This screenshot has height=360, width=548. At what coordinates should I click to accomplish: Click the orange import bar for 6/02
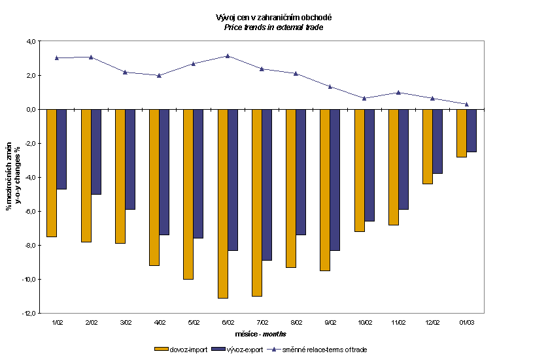coord(223,203)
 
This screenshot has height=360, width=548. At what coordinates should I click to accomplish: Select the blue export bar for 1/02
coord(61,149)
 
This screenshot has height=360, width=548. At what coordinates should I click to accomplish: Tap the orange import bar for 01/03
coord(462,133)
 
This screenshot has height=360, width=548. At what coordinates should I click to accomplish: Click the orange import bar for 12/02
coord(428,146)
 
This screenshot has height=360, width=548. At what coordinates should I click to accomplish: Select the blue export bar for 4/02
coord(164,172)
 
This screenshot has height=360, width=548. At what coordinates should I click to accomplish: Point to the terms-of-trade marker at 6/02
coord(228,56)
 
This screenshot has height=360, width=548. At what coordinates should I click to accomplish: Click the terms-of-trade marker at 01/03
coord(466,104)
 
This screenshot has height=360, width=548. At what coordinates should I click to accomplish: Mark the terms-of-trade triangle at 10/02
coord(364,98)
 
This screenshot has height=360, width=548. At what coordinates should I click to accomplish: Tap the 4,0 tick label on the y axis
coord(30,41)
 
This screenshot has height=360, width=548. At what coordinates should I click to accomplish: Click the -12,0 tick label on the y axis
coord(29,314)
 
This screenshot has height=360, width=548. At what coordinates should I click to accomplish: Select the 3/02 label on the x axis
coord(126,323)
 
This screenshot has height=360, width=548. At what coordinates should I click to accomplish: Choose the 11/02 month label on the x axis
coord(398,323)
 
